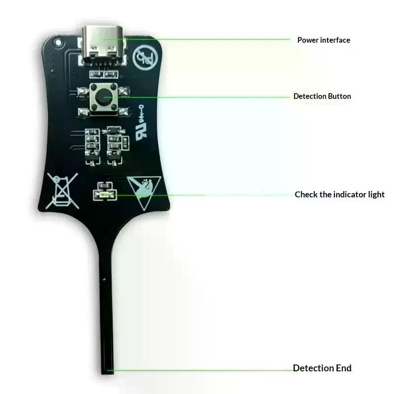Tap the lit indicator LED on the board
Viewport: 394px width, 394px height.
(105, 195)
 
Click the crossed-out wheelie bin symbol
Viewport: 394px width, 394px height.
(62, 191)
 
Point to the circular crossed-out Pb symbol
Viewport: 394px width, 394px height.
(145, 58)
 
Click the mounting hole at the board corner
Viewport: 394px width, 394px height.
(58, 42)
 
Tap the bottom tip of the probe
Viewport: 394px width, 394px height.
(107, 373)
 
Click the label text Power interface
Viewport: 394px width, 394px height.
(324, 40)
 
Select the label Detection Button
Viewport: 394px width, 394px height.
(322, 96)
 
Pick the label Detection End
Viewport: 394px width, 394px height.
(322, 368)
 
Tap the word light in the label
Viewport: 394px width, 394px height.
(376, 195)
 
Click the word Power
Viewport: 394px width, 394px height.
(308, 40)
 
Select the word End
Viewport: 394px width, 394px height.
(343, 368)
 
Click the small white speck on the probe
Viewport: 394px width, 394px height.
(104, 279)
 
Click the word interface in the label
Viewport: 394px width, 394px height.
(335, 40)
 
